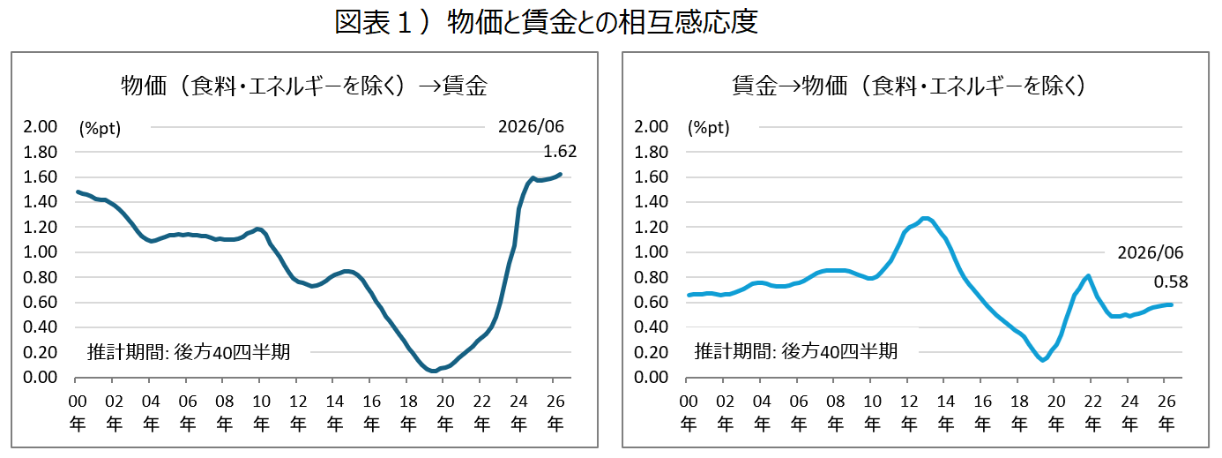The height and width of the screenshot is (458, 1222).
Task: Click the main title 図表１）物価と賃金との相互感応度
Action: (546, 22)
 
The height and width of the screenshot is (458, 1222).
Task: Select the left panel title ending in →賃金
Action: (304, 86)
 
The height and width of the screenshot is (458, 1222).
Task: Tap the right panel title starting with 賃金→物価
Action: (908, 86)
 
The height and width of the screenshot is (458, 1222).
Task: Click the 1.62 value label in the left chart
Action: (560, 151)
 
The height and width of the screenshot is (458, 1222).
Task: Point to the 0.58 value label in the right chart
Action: (1171, 282)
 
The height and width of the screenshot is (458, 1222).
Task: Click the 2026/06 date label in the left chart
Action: (531, 127)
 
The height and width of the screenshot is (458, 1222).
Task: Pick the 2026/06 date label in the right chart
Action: (1151, 252)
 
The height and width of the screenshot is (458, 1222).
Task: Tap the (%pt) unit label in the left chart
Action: (100, 129)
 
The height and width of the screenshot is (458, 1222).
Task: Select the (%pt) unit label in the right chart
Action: (709, 129)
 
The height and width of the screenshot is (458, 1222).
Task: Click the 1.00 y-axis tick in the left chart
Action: (40, 252)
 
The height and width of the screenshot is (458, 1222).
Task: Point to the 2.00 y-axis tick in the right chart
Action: (651, 127)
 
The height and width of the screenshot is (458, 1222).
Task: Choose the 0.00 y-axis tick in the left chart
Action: (40, 377)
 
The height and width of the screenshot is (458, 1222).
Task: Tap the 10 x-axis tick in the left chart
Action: (261, 402)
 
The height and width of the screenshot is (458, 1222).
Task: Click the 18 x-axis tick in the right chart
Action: (1019, 402)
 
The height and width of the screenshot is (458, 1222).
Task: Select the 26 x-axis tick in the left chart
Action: (555, 402)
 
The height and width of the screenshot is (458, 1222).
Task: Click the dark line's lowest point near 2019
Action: (434, 372)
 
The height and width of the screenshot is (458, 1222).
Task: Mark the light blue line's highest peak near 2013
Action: (925, 219)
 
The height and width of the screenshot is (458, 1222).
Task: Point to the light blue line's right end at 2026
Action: (1171, 304)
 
